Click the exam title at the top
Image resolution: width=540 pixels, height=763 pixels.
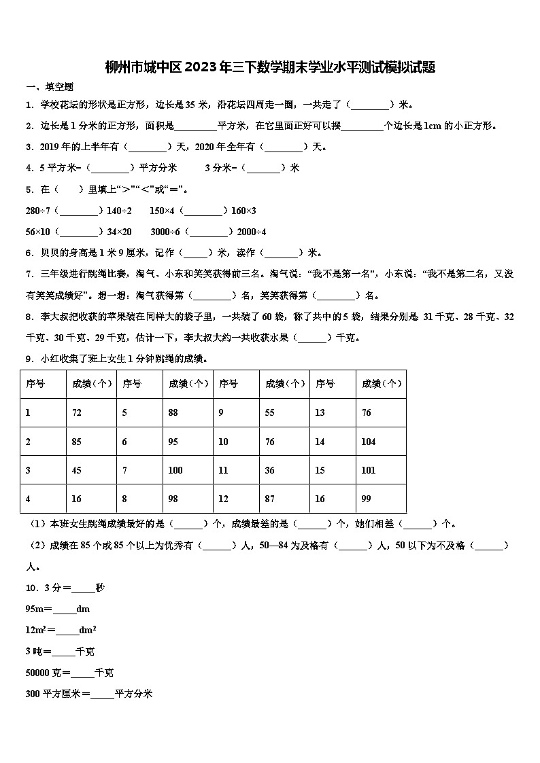click(270, 67)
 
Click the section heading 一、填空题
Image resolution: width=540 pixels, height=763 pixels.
click(50, 87)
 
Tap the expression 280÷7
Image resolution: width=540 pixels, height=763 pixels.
click(39, 211)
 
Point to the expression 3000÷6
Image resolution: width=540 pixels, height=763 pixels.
click(165, 232)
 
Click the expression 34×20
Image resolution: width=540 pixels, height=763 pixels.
click(119, 232)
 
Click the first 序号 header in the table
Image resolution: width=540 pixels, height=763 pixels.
click(35, 384)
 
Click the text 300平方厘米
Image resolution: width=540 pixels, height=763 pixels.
click(53, 694)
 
